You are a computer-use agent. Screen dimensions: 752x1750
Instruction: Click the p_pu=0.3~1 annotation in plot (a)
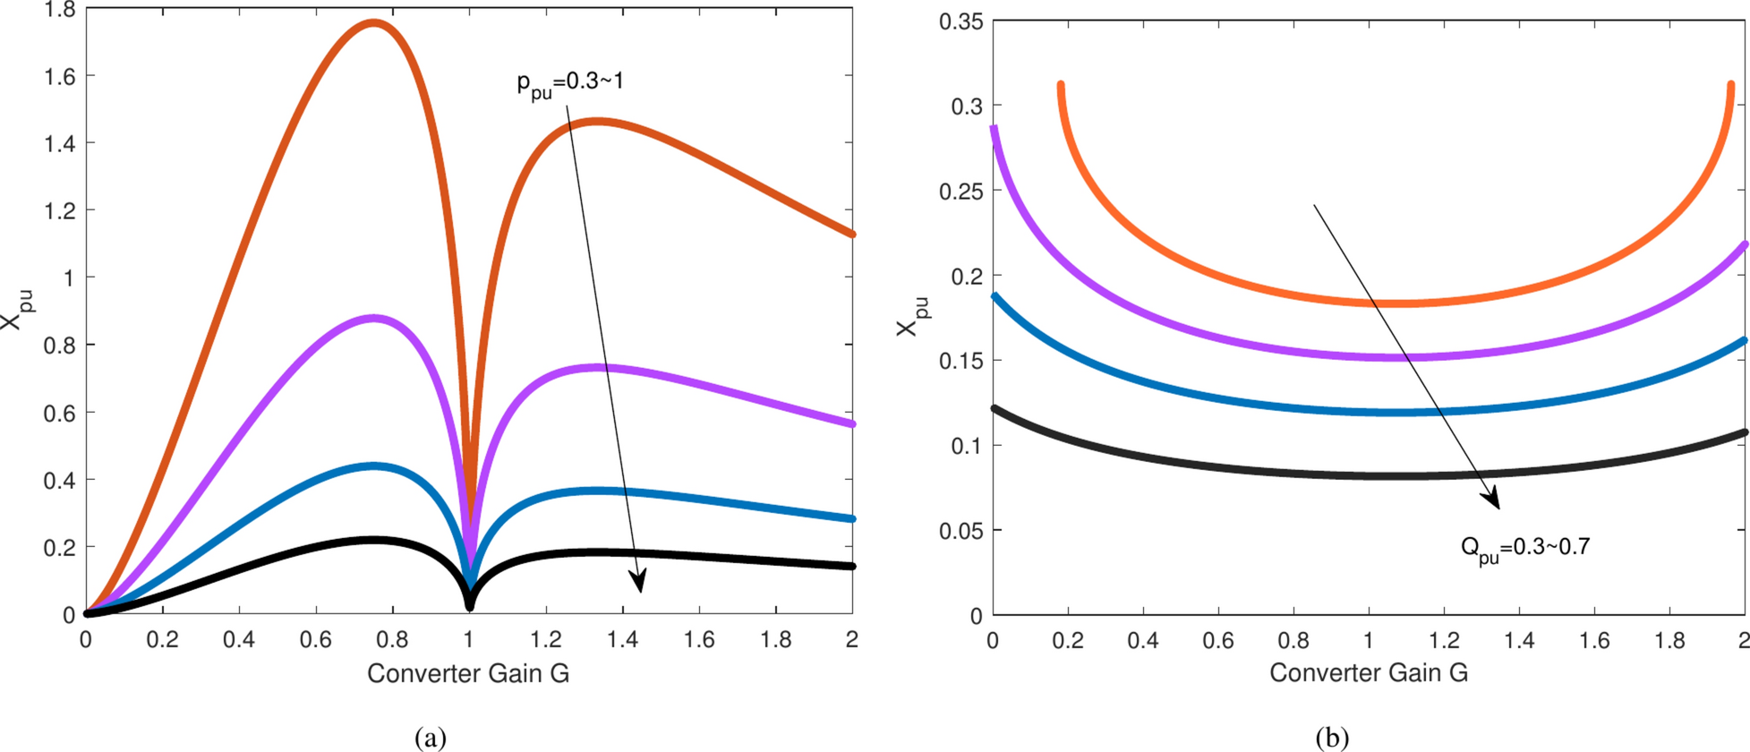point(570,83)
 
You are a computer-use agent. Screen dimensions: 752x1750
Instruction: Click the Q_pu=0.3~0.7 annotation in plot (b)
point(1524,548)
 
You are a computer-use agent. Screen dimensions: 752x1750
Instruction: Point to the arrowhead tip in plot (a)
point(641,592)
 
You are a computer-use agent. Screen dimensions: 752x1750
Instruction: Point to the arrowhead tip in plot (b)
point(1498,508)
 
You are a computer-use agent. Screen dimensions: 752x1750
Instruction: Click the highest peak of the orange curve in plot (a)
point(372,22)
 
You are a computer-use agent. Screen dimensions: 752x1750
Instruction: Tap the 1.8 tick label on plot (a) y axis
point(60,11)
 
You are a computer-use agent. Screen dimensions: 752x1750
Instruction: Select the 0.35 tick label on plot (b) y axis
point(960,21)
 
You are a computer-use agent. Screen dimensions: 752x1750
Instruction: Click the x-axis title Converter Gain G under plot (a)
point(467,673)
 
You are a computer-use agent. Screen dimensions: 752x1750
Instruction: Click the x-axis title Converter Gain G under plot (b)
point(1369,673)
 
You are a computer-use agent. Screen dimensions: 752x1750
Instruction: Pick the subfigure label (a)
point(431,738)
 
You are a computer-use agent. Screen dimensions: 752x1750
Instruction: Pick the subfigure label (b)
point(1332,738)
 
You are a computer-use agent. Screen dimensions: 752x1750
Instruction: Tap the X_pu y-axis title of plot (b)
point(913,317)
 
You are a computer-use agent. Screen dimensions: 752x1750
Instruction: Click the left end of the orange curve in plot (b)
point(1061,86)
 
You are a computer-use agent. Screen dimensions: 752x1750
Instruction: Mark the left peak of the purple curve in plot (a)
point(373,318)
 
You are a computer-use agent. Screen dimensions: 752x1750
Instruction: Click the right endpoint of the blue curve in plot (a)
point(852,518)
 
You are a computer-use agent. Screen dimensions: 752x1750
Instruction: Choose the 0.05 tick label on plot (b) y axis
point(960,531)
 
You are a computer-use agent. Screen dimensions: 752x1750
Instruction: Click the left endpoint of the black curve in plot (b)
point(994,409)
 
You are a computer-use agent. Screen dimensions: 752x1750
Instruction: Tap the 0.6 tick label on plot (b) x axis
point(1218,641)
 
